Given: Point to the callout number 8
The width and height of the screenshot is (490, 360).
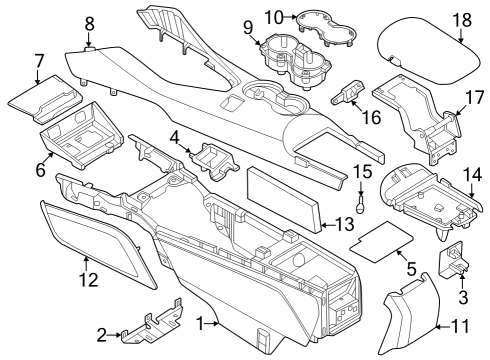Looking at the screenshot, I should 89,22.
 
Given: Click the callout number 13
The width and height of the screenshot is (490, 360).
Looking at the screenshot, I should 341,225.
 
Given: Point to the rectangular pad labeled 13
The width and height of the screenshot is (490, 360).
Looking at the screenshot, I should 285,195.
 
